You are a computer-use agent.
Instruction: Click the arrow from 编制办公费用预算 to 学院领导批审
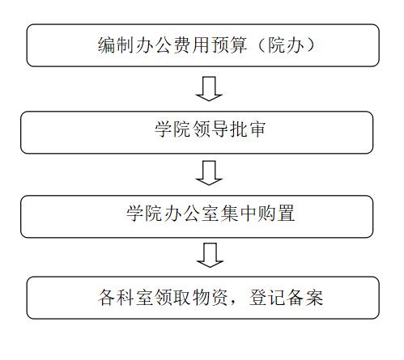point(209,89)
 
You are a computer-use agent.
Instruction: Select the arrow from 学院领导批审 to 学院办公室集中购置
point(209,173)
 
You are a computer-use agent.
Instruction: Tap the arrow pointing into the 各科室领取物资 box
point(210,255)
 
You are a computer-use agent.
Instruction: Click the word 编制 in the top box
point(116,44)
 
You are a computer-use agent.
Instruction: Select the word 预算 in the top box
point(229,44)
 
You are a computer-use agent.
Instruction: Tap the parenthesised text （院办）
point(286,44)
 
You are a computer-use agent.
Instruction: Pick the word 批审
point(248,129)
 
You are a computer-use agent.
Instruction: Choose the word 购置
point(276,213)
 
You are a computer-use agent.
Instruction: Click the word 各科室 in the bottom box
point(125,298)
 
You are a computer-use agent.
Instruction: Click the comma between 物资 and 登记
point(233,303)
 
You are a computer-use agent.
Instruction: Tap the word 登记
point(266,298)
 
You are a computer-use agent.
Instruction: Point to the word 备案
point(304,298)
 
